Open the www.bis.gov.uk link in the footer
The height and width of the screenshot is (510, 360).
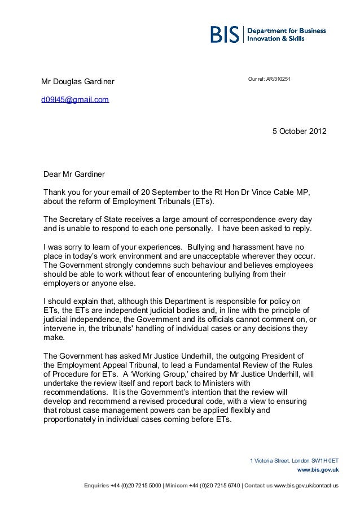[317, 469]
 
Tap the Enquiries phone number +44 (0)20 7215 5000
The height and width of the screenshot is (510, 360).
[136, 486]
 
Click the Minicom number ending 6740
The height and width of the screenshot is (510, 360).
[213, 486]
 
